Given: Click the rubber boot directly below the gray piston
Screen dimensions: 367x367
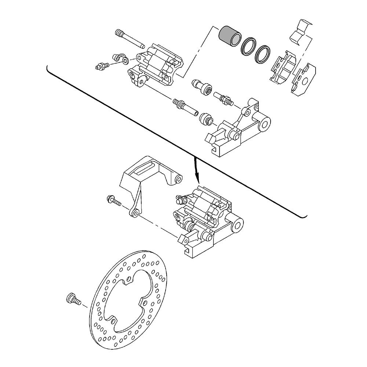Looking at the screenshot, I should [x=202, y=87].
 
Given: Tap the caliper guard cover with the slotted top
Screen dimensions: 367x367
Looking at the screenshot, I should [x=147, y=176].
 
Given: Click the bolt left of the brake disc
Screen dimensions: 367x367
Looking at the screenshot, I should [x=73, y=299].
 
